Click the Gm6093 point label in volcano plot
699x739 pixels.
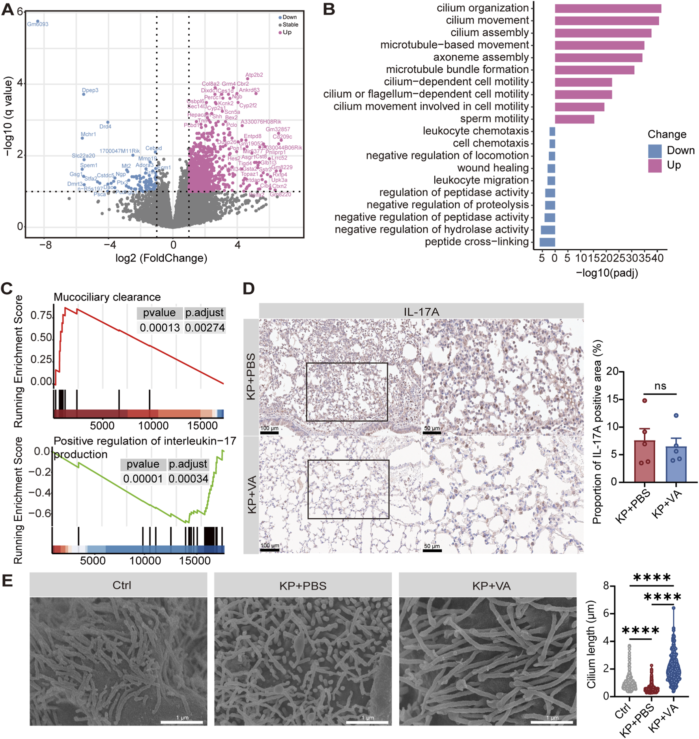click(x=38, y=24)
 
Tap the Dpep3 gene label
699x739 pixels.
click(x=90, y=90)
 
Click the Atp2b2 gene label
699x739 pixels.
click(x=254, y=75)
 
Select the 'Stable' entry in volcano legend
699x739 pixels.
click(x=290, y=24)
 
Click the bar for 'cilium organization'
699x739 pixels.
click(x=608, y=8)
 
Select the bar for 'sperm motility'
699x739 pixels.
click(x=574, y=119)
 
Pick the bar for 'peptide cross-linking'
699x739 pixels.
click(x=548, y=242)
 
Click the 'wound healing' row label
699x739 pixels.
click(x=493, y=168)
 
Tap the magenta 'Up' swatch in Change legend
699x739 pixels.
click(x=654, y=165)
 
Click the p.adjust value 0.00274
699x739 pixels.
click(x=205, y=328)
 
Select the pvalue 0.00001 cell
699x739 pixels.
click(x=143, y=479)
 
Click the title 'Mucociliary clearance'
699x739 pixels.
click(x=107, y=297)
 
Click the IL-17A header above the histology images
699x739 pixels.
click(x=421, y=312)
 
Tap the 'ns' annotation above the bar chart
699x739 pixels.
click(x=660, y=386)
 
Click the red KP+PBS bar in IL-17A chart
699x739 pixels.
click(x=645, y=462)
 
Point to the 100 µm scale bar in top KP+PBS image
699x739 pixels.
click(x=269, y=433)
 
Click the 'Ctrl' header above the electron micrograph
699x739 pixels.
click(x=121, y=585)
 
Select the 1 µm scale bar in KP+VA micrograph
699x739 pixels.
click(x=552, y=722)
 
